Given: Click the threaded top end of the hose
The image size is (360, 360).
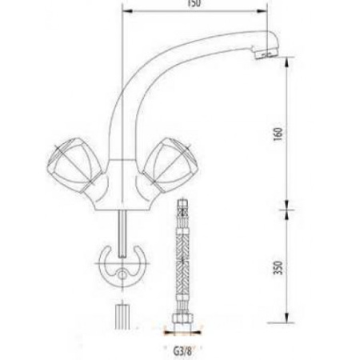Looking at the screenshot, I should click(181, 210).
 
